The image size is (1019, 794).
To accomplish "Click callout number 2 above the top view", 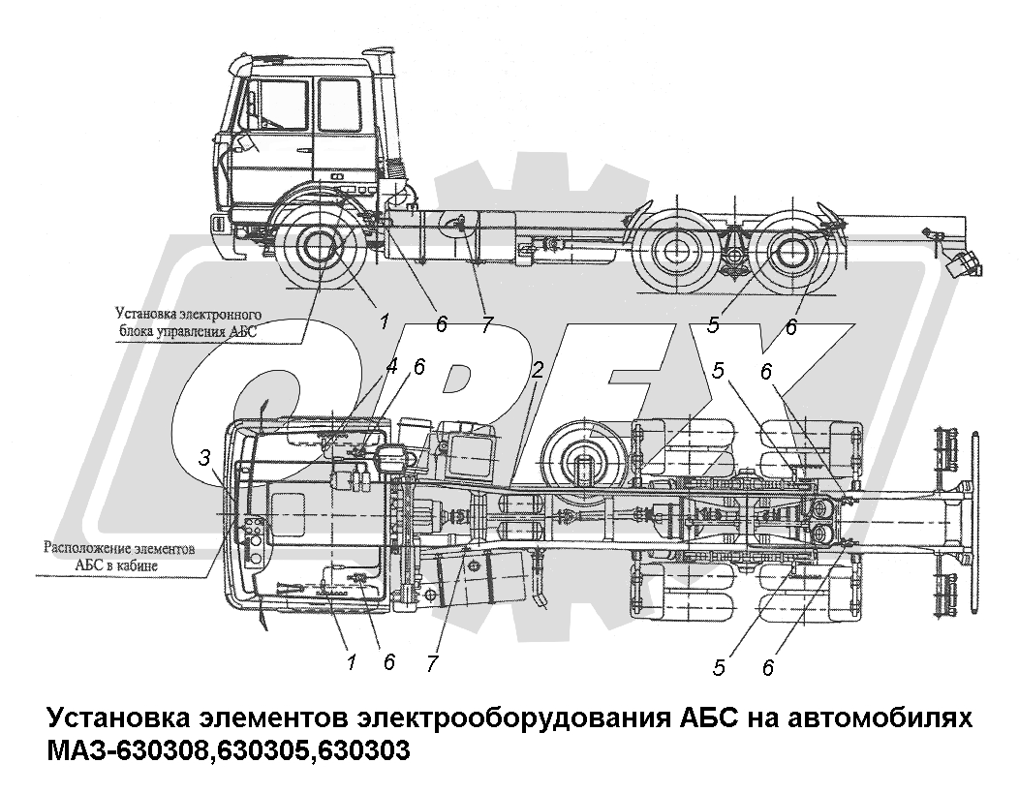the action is pos(537,370).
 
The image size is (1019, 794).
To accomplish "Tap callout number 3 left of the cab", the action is pos(204,458).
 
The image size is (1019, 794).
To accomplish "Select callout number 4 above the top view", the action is pos(390,367).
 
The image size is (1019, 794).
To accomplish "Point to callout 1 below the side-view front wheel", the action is pos(385,321).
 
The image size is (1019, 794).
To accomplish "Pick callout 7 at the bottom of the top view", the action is pos(433,663).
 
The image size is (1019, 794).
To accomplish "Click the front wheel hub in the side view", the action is pos(320,250).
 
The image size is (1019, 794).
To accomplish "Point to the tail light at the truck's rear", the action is pos(963,263).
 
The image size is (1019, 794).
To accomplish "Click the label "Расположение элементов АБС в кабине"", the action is pos(118,556).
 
